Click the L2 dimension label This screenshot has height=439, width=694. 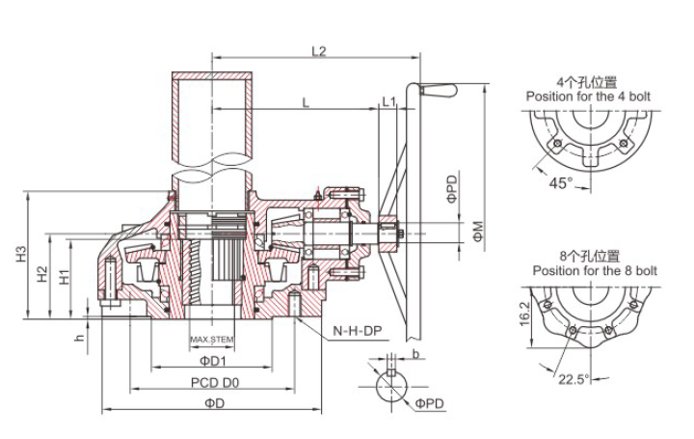coord(320,51)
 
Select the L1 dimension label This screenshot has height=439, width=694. coord(388,100)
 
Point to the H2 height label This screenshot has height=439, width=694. coord(42,274)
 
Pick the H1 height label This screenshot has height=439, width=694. coord(65,278)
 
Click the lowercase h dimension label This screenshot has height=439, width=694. coord(81,337)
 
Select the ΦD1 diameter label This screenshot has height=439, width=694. coord(212,361)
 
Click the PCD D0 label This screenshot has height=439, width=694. coord(213,382)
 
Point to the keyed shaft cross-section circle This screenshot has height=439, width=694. coord(394,390)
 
